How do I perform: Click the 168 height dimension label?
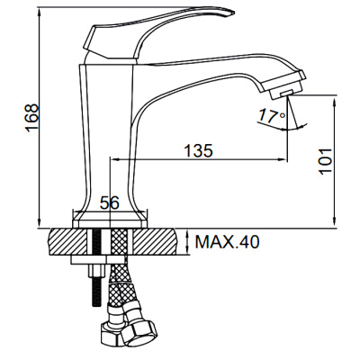point(31,118)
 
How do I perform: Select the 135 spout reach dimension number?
point(198,150)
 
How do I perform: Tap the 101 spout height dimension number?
point(326,161)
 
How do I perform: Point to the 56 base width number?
point(110,203)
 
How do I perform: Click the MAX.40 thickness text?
point(227,242)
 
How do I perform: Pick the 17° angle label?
point(272,116)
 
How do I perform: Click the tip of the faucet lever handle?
point(232,12)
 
